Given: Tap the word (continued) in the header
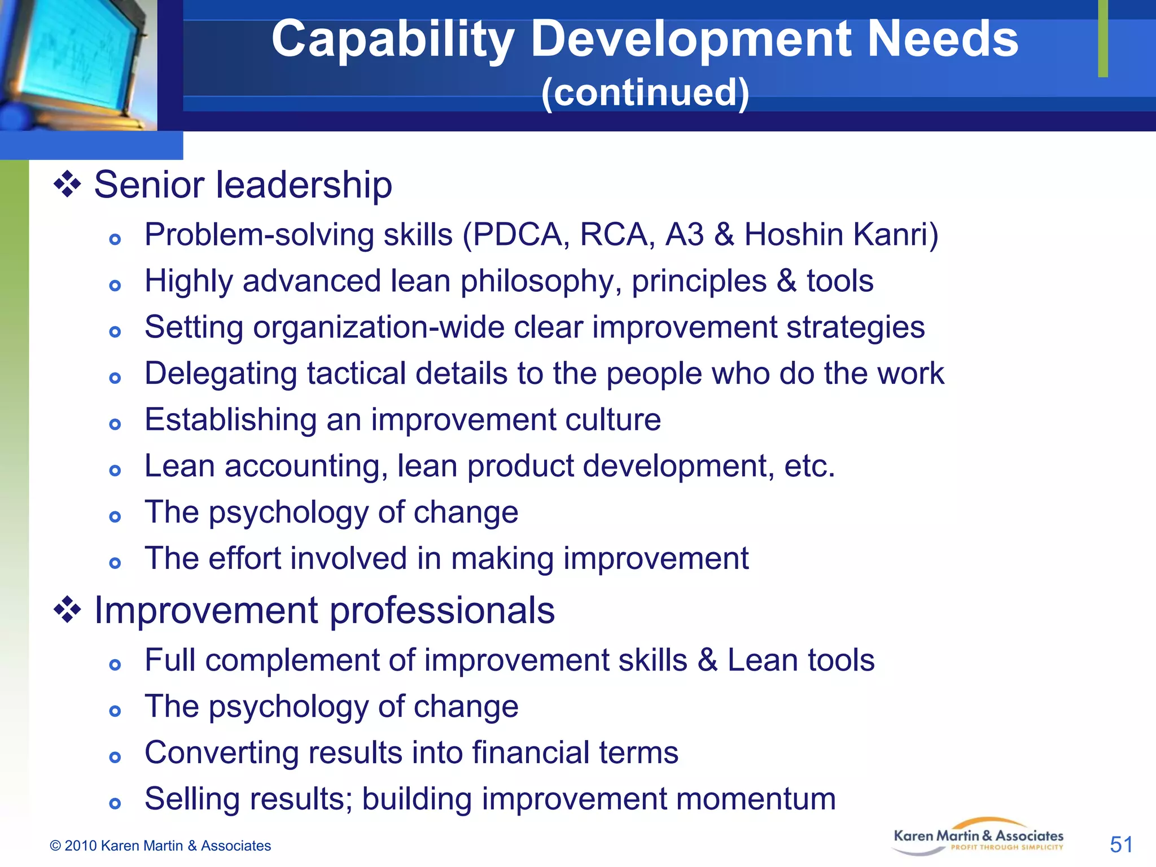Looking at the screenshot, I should click(645, 93).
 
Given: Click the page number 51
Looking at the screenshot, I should click(1121, 844).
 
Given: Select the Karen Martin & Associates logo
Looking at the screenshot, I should click(978, 837).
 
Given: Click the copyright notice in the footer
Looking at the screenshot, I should click(160, 846).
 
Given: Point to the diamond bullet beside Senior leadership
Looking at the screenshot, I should click(67, 185).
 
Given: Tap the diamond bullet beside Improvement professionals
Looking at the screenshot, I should click(67, 610).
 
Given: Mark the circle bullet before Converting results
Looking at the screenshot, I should click(115, 757).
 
